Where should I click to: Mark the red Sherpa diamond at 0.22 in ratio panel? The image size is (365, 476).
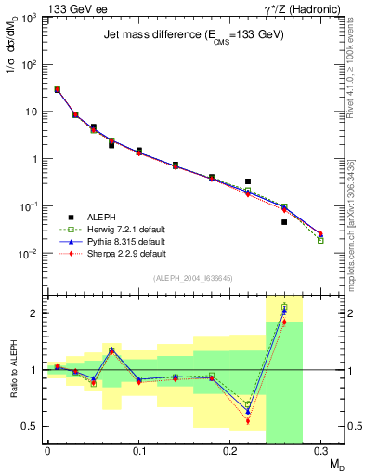(x=248, y=421)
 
